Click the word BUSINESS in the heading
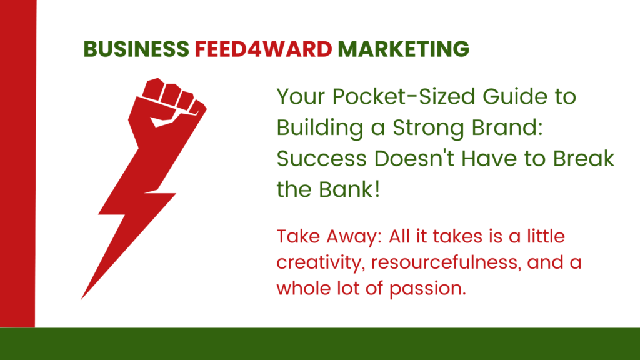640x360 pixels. click(x=136, y=49)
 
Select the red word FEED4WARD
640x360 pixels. click(x=263, y=49)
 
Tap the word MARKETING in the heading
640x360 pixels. click(x=403, y=49)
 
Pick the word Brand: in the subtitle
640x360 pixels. click(x=507, y=127)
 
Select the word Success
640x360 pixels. click(x=322, y=158)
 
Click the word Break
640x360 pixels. click(x=584, y=158)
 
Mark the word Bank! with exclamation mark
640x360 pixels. click(x=349, y=189)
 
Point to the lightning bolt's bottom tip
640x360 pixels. click(x=81, y=299)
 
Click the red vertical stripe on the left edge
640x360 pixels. click(x=18, y=163)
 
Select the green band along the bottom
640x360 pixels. click(x=320, y=344)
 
